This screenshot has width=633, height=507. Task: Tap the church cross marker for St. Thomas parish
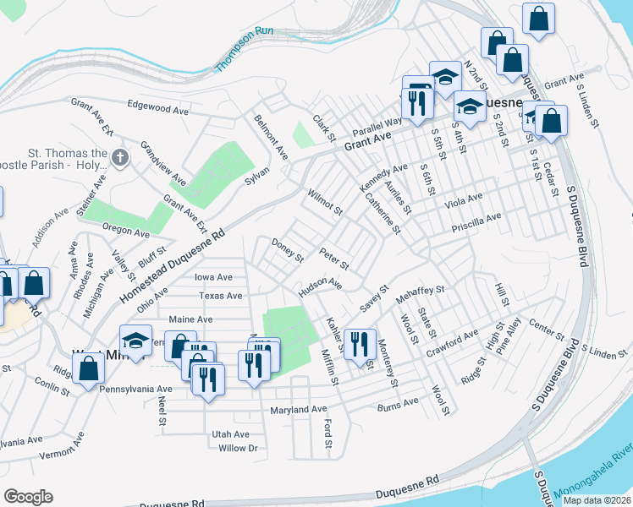pos(120,156)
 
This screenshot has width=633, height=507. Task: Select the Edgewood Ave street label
pos(157,110)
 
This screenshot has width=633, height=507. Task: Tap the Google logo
pos(28,497)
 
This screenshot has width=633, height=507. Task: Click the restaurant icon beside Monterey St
pos(361,342)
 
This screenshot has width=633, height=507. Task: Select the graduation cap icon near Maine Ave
pos(135,340)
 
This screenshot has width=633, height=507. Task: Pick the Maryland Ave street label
pos(298,410)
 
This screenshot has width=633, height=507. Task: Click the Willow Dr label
pos(237,448)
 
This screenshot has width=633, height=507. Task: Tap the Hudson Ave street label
pos(319,288)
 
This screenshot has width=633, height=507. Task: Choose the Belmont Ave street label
pos(271,137)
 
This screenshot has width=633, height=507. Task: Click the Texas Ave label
pos(221,296)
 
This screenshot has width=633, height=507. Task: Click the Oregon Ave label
pos(125,229)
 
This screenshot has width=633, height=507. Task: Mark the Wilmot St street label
pos(325,202)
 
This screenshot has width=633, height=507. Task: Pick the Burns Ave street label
pos(398,403)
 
